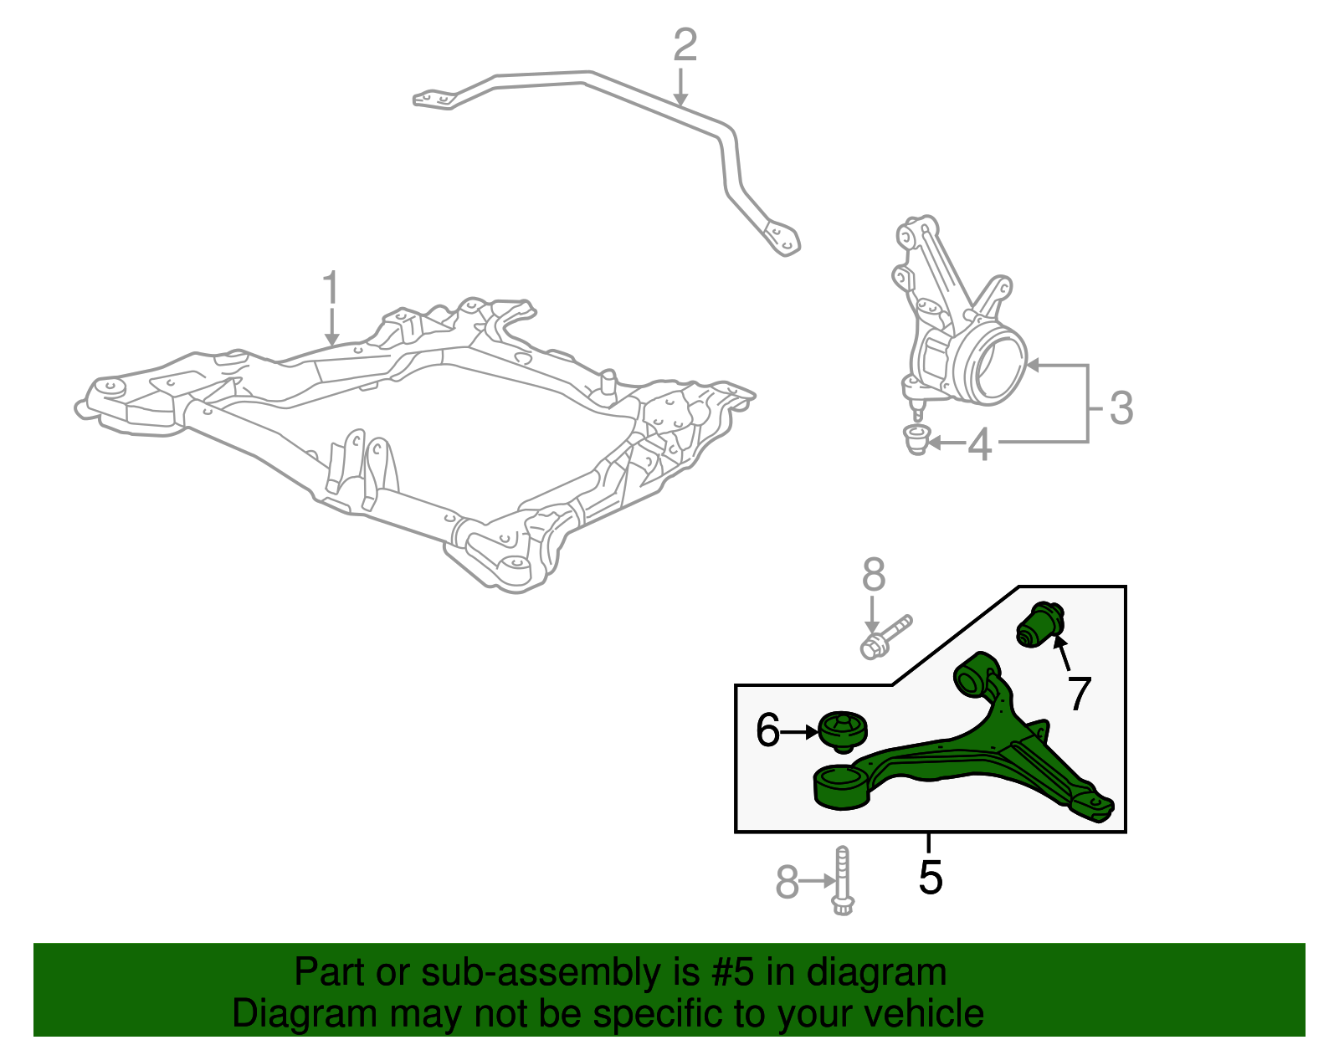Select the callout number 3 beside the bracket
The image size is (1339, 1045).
(x=1121, y=408)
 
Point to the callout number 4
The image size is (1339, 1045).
(x=979, y=444)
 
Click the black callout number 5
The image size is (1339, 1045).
(x=930, y=877)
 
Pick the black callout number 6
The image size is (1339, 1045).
(x=767, y=730)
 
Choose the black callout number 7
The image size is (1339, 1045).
(x=1079, y=694)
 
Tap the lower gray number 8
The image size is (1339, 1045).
(x=787, y=882)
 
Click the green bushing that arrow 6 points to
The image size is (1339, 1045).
(x=842, y=731)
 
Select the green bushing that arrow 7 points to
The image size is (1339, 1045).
(x=1040, y=625)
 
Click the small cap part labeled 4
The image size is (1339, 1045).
(x=918, y=438)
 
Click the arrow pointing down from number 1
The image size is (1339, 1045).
(x=332, y=327)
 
